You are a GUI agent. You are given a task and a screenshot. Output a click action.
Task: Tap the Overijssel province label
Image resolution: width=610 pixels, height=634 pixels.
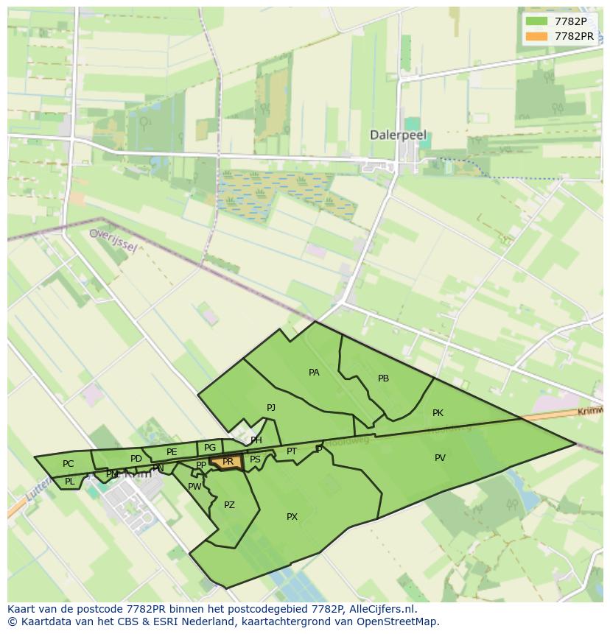click(x=113, y=240)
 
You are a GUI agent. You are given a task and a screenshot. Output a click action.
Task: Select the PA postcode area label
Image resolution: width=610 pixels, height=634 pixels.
click(x=314, y=373)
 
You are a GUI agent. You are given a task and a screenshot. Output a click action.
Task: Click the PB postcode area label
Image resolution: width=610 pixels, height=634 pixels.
click(x=383, y=378)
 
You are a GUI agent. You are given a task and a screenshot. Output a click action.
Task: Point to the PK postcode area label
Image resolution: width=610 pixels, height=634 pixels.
click(x=438, y=413)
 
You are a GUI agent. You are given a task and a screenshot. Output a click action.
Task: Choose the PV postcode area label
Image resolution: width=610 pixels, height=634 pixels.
click(x=440, y=458)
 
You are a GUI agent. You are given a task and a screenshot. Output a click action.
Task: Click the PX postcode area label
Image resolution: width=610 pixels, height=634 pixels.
click(x=292, y=517)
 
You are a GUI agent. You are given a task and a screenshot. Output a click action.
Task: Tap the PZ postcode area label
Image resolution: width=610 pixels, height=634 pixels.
click(x=229, y=505)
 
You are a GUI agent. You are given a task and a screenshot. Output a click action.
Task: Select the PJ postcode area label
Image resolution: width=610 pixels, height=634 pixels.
click(x=271, y=407)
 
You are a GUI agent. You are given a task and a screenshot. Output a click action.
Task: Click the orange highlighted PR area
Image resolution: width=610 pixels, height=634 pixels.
click(x=228, y=462)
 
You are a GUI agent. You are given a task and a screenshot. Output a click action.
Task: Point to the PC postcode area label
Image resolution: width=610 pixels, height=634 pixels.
click(x=68, y=464)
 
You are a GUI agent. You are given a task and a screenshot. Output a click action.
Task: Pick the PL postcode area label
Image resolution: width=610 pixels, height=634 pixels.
click(x=69, y=482)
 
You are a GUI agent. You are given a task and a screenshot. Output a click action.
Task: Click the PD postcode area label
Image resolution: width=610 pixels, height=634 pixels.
click(x=136, y=459)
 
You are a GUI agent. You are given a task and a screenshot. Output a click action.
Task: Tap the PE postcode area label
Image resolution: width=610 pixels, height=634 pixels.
click(x=172, y=452)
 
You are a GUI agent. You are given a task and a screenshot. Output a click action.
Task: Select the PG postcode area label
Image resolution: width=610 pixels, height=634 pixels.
click(x=210, y=448)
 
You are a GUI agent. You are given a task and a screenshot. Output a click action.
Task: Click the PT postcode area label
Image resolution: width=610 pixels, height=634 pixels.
click(x=292, y=451)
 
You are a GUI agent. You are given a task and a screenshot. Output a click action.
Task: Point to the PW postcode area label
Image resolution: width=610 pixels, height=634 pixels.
click(x=194, y=487)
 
